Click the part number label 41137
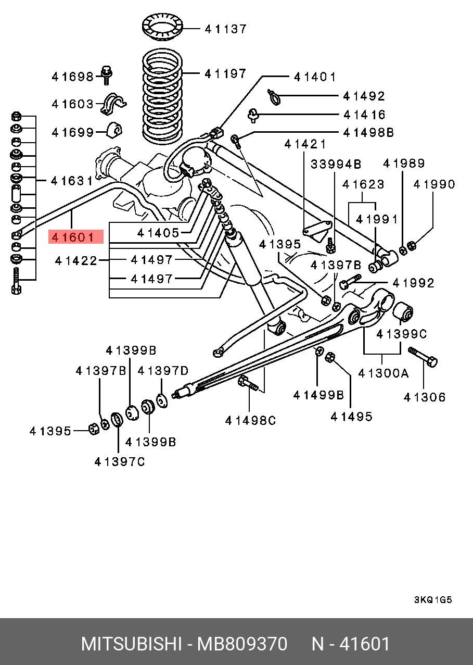pyautogui.click(x=225, y=29)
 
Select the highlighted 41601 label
pyautogui.click(x=76, y=237)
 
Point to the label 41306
pyautogui.click(x=425, y=398)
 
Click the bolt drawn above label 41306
pyautogui.click(x=424, y=356)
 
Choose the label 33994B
pyautogui.click(x=336, y=165)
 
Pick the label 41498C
pyautogui.click(x=250, y=420)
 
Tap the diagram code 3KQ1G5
pyautogui.click(x=433, y=600)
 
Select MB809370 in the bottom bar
pyautogui.click(x=241, y=644)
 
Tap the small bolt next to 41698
pyautogui.click(x=107, y=76)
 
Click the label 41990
pyautogui.click(x=434, y=184)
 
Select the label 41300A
pyautogui.click(x=383, y=373)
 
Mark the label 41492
pyautogui.click(x=364, y=96)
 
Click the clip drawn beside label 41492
pyautogui.click(x=274, y=95)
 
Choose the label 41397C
pyautogui.click(x=120, y=461)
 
